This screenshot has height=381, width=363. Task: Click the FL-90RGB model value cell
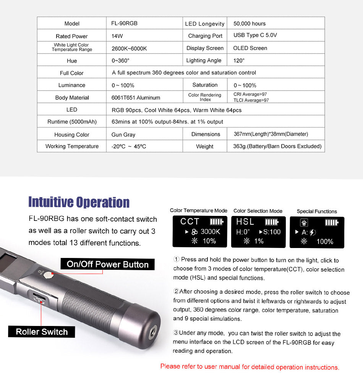pyautogui.click(x=125, y=23)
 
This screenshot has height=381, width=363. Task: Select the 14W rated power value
pyautogui.click(x=117, y=36)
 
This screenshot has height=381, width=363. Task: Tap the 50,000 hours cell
pyautogui.click(x=250, y=23)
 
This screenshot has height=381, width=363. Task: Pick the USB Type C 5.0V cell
pyautogui.click(x=255, y=35)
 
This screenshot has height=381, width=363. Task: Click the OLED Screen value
pyautogui.click(x=250, y=48)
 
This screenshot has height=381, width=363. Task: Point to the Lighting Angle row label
pyautogui.click(x=204, y=60)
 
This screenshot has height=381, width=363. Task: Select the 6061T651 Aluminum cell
pyautogui.click(x=136, y=97)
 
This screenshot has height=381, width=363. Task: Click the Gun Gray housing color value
pyautogui.click(x=123, y=135)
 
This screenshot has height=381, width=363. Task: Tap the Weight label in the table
pyautogui.click(x=205, y=146)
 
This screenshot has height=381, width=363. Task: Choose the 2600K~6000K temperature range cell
pyautogui.click(x=129, y=49)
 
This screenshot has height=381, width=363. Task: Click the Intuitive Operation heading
pyautogui.click(x=79, y=202)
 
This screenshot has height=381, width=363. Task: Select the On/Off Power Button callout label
pyautogui.click(x=107, y=264)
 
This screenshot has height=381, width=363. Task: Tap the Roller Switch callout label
pyautogui.click(x=42, y=332)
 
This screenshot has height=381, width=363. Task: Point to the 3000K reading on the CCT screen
pyautogui.click(x=210, y=232)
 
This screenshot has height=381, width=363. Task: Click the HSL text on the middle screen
pyautogui.click(x=245, y=222)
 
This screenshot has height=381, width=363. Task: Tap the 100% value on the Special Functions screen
pyautogui.click(x=325, y=242)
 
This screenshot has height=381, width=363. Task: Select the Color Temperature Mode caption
pyautogui.click(x=199, y=211)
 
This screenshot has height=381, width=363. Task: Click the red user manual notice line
pyautogui.click(x=250, y=367)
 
